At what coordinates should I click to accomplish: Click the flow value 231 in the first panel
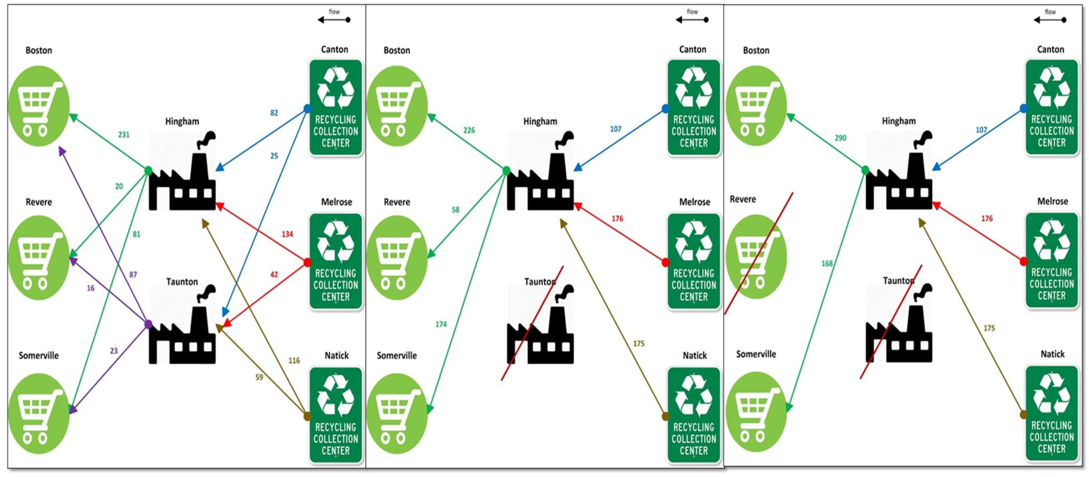(x=123, y=135)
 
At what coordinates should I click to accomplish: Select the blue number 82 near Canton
(x=274, y=113)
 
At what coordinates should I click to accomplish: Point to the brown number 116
(x=294, y=360)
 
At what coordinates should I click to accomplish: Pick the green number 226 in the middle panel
(x=469, y=130)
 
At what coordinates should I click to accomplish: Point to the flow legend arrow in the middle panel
(x=692, y=19)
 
